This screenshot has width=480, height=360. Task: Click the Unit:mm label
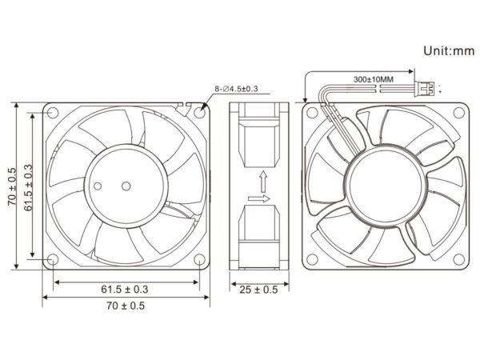coord(449,51)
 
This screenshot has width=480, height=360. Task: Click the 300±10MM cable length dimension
coord(374,79)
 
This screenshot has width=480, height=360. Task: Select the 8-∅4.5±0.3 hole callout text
coord(236,89)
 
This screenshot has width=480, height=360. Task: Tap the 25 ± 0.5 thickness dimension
coord(258,290)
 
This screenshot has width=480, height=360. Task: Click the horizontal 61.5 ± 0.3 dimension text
coord(125,289)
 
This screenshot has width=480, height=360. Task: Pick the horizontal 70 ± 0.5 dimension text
coord(126,306)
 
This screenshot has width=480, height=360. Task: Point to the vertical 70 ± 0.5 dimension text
coord(13,186)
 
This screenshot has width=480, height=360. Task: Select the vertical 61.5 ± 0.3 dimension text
coord(28,188)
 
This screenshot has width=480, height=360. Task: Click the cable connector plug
coord(424,89)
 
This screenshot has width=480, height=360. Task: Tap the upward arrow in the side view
coord(262,182)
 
